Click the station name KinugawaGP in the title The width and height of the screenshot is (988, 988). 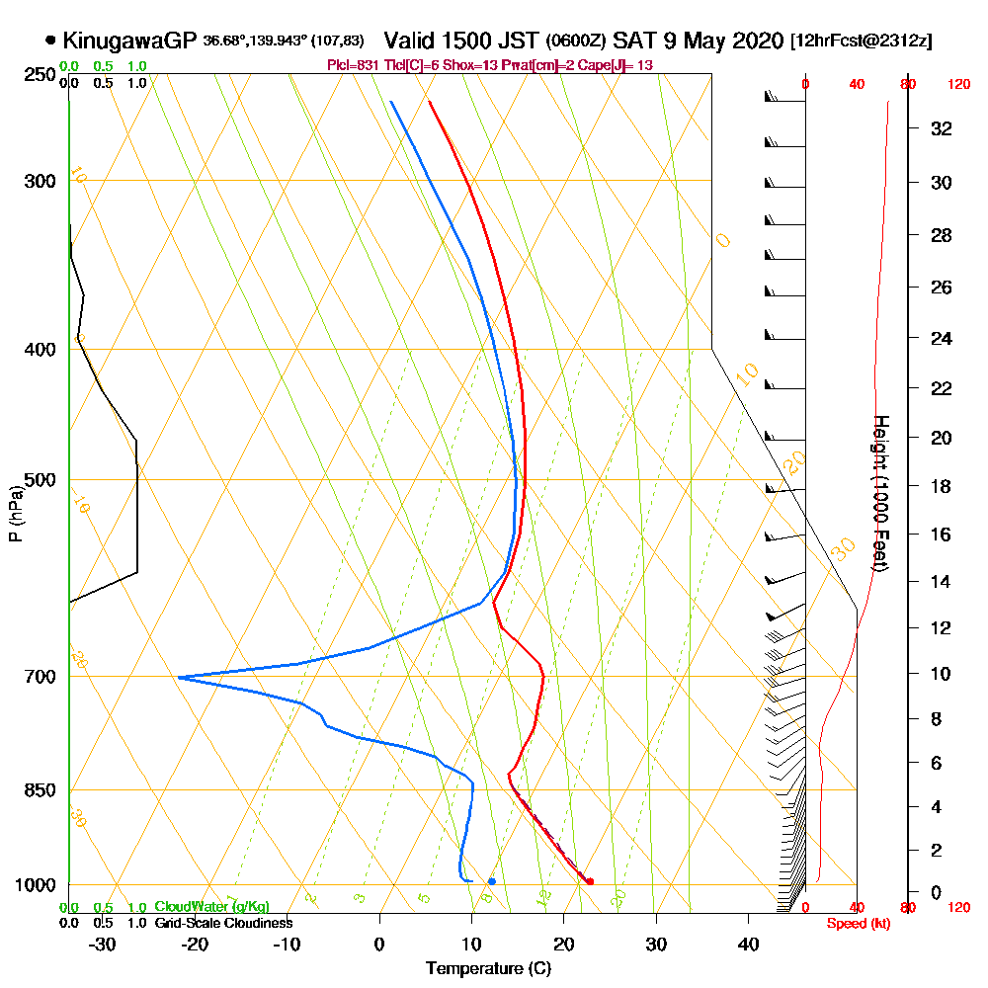[129, 41]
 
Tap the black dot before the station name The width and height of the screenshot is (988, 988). [50, 41]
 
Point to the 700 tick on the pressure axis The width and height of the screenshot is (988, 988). [42, 677]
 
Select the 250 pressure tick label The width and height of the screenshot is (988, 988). [42, 74]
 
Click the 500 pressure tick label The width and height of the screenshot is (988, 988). [42, 480]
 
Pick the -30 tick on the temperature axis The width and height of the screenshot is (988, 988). [103, 944]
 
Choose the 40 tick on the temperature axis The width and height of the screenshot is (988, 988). [749, 944]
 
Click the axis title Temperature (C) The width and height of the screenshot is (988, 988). [488, 968]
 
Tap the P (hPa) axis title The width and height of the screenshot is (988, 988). [15, 514]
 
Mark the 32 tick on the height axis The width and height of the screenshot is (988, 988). [940, 128]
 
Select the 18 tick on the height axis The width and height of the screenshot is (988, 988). [940, 486]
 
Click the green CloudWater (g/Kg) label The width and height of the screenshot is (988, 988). [211, 907]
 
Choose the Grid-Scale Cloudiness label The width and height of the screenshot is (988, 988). [223, 923]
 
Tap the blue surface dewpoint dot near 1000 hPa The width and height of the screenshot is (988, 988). [491, 880]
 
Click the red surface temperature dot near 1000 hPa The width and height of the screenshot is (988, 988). [589, 881]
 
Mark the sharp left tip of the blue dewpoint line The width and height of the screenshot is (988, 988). [178, 678]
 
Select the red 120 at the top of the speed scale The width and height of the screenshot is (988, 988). [957, 85]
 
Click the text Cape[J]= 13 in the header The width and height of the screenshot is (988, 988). [620, 64]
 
